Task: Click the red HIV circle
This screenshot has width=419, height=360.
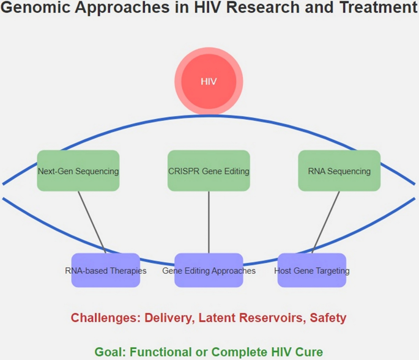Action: coord(209,81)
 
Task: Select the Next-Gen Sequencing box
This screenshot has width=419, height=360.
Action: coord(78,171)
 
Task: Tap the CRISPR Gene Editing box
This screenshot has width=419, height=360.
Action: coord(209,171)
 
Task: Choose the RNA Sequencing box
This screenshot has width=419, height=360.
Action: coord(339,171)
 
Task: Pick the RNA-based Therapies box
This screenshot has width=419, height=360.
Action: coord(105,270)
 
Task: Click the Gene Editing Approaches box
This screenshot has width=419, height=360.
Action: coord(209,270)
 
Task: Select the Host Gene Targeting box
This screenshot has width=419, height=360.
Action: coord(311,270)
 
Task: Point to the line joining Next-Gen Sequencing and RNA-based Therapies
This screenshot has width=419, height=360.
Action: coord(92,221)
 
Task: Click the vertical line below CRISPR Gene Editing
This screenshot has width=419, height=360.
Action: coord(209,221)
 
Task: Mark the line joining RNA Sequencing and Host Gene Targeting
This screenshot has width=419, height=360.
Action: coord(326,221)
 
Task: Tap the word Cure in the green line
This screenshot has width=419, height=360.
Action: coord(310,352)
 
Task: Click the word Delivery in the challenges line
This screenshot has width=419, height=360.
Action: coord(168,318)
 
